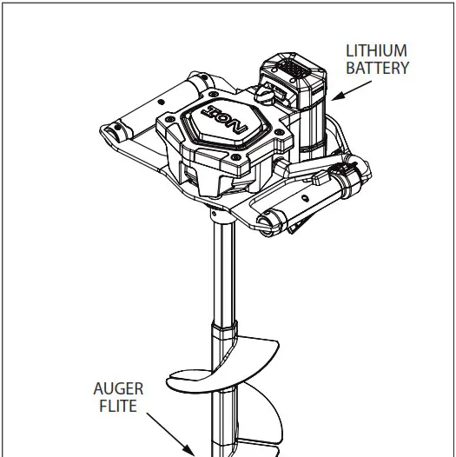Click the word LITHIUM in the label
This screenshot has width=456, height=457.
point(376,50)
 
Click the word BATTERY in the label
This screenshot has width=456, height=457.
point(377,67)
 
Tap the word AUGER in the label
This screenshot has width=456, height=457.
point(119,389)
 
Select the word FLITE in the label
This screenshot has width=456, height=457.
point(119,406)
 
